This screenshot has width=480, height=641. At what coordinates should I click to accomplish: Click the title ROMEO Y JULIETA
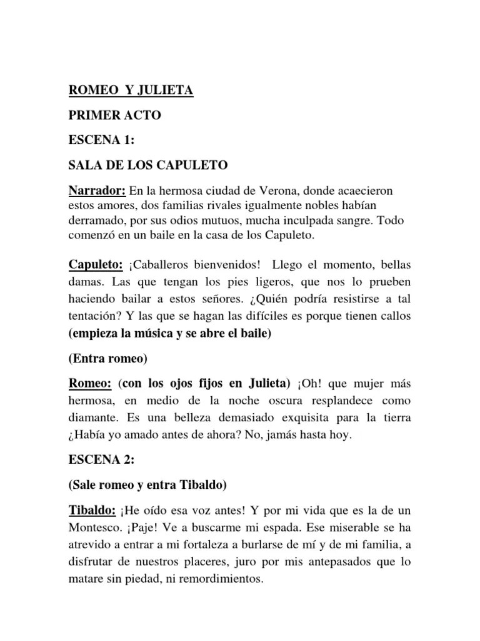coord(131,91)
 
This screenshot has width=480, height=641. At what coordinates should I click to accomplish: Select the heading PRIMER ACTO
coord(114,116)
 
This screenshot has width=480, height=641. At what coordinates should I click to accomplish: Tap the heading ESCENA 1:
coord(102,141)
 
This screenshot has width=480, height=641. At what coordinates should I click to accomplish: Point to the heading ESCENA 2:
coord(102,460)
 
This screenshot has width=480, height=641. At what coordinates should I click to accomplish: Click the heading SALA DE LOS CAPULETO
coord(148,165)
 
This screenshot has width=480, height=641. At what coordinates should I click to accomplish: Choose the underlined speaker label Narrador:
coord(97,190)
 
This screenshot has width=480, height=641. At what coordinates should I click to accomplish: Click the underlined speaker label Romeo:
coord(90,383)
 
